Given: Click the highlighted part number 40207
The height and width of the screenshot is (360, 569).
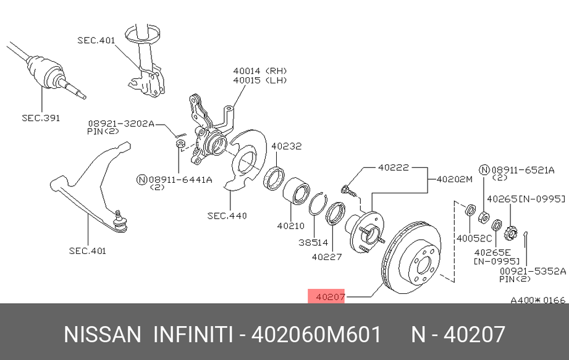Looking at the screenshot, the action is (330, 297).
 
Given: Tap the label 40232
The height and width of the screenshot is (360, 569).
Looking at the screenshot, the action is (286, 146).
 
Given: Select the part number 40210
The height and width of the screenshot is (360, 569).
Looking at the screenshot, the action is (290, 226).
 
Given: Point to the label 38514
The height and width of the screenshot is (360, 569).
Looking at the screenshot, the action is (313, 243).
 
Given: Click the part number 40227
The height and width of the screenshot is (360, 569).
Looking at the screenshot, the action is (327, 257).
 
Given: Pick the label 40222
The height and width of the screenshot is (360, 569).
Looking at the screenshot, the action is (394, 167).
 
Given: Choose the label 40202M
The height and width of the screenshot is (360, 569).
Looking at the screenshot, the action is (454, 179).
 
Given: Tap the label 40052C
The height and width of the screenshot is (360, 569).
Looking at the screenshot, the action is (474, 238).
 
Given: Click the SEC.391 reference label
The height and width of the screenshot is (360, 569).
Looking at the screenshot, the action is (41, 118).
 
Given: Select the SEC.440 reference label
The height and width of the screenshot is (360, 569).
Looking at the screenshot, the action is (227, 216).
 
